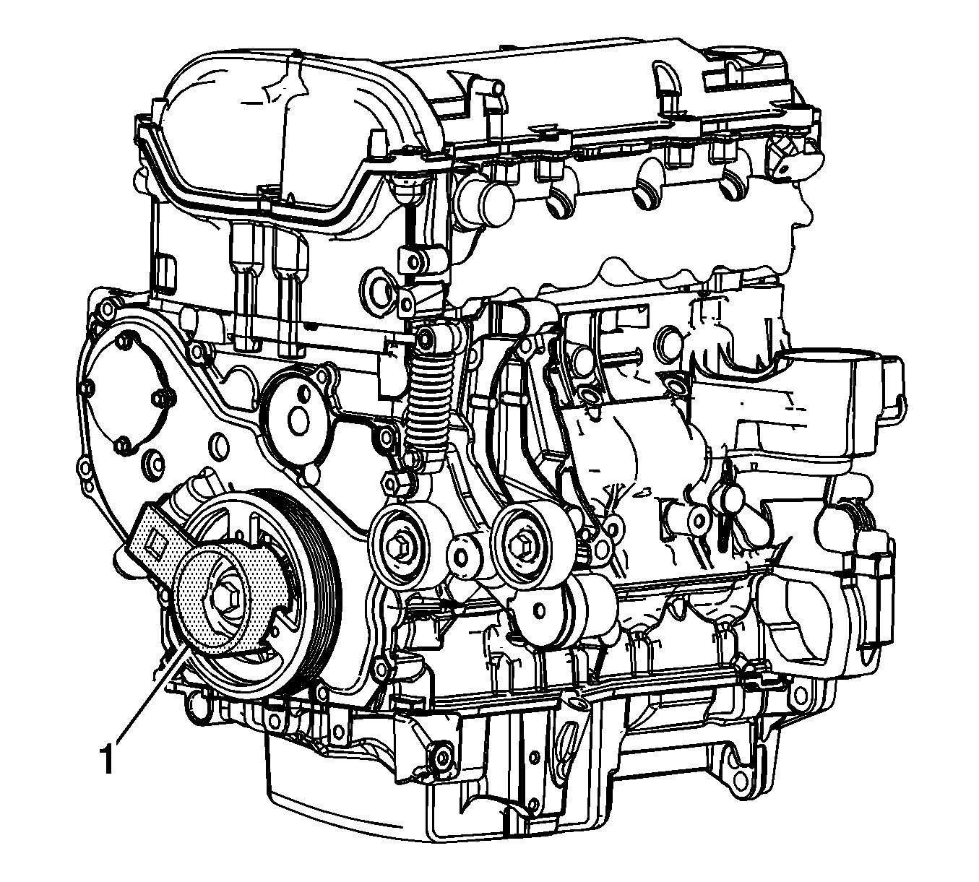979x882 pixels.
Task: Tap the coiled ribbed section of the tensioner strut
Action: (426, 406)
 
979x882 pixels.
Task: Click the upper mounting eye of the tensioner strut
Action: (425, 337)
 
